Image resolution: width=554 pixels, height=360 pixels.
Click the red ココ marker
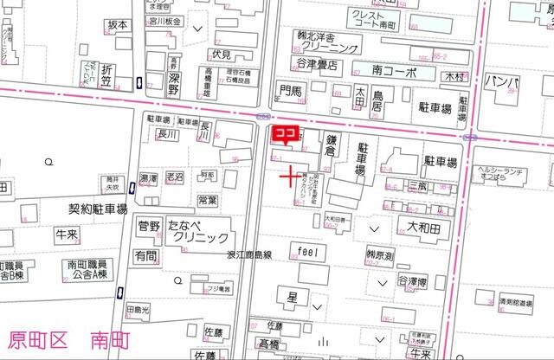(x=286, y=134)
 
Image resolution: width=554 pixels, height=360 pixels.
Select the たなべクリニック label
(x=199, y=231)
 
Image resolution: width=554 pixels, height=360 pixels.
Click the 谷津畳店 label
(x=317, y=65)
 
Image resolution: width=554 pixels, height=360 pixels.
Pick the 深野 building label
(x=173, y=81)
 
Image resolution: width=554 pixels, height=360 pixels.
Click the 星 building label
(x=293, y=297)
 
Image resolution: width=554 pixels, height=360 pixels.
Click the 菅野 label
(x=149, y=227)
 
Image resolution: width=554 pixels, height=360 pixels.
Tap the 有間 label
(x=145, y=256)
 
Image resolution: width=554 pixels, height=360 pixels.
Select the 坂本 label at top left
(x=118, y=25)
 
